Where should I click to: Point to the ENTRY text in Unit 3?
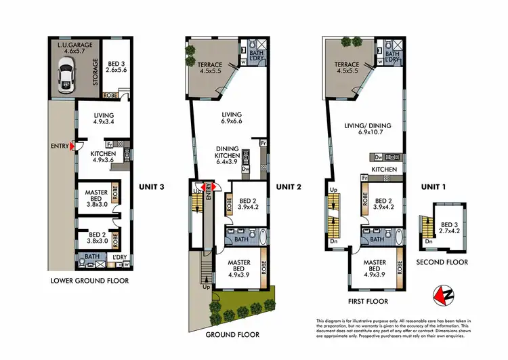pos(59,146)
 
